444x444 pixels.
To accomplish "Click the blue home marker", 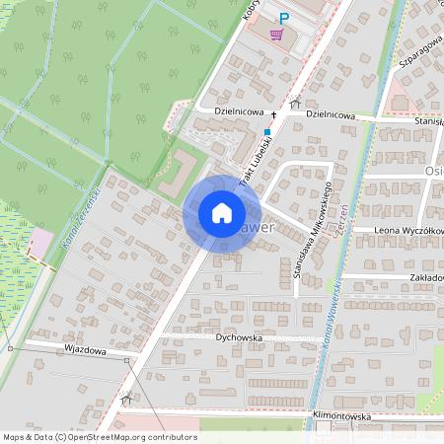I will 221,213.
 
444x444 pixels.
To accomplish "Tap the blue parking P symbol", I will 285,18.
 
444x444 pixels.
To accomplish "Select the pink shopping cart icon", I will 278,36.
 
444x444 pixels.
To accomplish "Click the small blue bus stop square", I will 266,131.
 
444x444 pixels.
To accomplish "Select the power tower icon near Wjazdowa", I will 126,399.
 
